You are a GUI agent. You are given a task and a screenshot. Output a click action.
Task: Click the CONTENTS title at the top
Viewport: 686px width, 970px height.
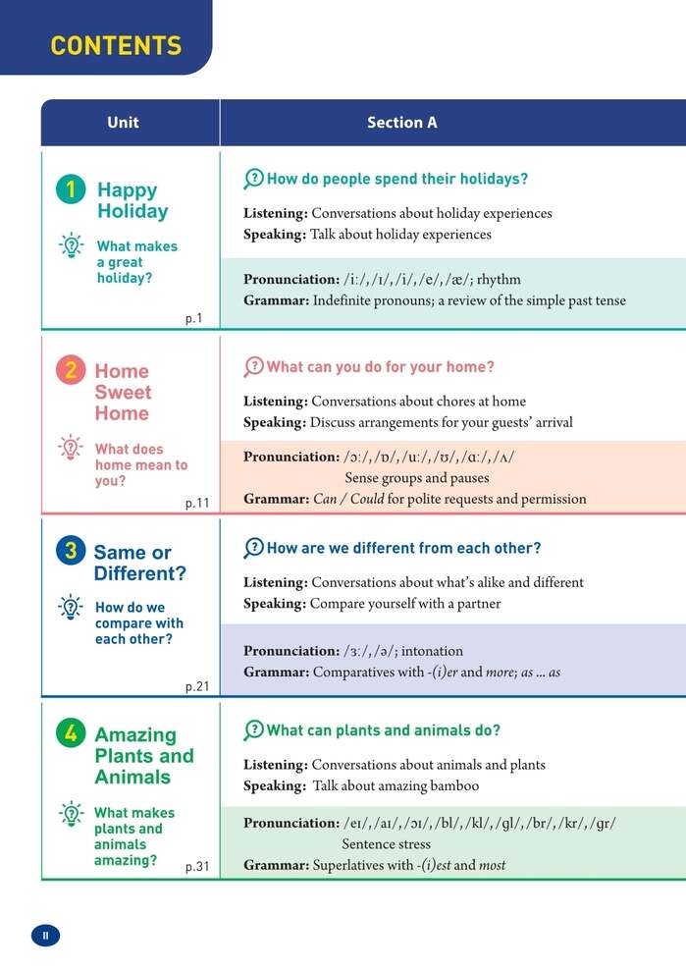(x=116, y=45)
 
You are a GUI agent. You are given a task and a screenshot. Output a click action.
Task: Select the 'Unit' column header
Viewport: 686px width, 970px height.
(x=123, y=123)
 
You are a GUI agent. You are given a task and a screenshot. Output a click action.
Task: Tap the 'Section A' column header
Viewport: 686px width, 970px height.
(x=401, y=123)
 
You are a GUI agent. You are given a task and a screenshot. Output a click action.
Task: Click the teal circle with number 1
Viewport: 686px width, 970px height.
(x=71, y=189)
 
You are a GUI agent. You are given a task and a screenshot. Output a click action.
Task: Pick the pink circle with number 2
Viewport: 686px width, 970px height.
(x=71, y=370)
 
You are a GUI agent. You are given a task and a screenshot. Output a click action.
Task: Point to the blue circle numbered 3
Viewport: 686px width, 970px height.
(x=71, y=551)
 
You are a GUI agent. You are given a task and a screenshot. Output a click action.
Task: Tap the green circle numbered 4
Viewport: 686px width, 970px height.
(x=71, y=733)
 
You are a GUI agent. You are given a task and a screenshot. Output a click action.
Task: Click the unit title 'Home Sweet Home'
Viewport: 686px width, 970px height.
(x=123, y=392)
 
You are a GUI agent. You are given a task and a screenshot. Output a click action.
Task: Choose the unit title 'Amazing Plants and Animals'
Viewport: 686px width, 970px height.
(x=143, y=755)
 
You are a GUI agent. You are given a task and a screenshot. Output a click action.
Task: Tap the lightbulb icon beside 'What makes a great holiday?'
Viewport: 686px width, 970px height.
(x=71, y=245)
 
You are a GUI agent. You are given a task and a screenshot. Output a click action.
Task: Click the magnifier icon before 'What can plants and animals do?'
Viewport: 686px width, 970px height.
(x=253, y=729)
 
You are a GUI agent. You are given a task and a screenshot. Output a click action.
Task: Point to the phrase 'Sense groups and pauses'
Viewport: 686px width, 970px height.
(x=417, y=478)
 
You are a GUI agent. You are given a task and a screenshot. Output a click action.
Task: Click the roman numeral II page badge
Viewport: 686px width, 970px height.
(x=45, y=936)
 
